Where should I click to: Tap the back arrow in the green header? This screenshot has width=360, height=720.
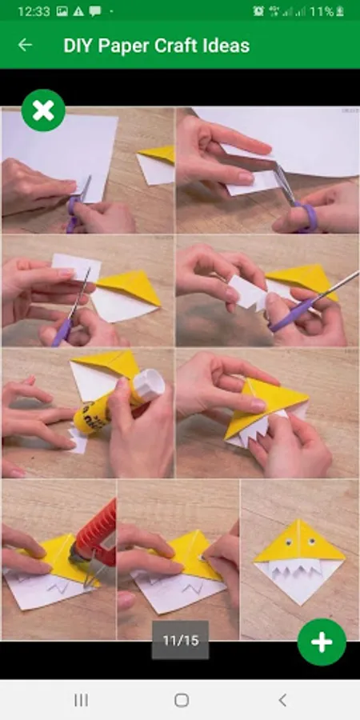(25, 45)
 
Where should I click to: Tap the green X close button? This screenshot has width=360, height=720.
(43, 110)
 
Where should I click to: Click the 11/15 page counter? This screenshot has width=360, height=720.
(181, 641)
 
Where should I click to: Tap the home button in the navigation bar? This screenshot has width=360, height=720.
(182, 700)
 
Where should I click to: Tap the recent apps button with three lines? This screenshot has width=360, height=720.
(81, 700)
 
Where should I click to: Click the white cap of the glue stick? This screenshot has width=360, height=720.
(149, 385)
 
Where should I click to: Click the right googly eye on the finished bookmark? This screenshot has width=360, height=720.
(312, 542)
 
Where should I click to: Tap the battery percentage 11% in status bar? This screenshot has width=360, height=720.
(322, 11)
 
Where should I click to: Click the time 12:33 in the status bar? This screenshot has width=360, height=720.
(34, 11)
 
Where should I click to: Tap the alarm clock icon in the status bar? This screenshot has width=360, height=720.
(258, 11)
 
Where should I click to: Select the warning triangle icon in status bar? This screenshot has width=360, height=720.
(78, 11)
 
